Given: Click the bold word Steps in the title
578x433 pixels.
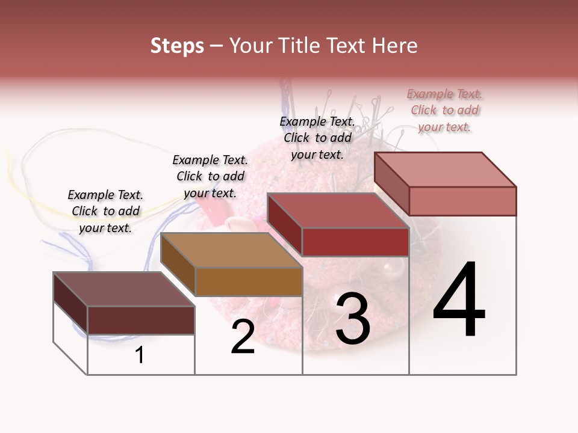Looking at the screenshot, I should tap(177, 46).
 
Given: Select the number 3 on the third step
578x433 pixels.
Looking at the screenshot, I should tap(353, 319).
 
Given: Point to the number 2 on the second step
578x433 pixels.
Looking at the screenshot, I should tap(243, 337).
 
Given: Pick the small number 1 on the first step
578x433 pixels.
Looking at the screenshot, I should tap(140, 355).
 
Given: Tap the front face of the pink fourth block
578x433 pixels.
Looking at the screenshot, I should tap(462, 201).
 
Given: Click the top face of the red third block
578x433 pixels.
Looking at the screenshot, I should tap(337, 210).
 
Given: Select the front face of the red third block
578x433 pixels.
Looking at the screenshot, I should tap(355, 242).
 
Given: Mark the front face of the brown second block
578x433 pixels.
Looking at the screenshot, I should tap(249, 281).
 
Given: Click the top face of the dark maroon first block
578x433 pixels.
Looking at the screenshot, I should tap(124, 289).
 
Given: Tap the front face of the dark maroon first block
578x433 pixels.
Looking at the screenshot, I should tap(141, 320).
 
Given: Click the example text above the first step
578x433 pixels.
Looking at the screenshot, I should tap(105, 211).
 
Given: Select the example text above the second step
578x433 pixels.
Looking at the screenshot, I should tap(210, 176).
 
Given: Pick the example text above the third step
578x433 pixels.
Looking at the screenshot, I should tap(317, 138).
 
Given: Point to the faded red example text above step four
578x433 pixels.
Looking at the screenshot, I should tap(445, 110).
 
